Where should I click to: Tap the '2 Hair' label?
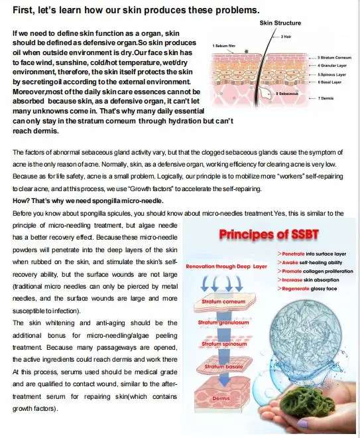pyautogui.click(x=287, y=36)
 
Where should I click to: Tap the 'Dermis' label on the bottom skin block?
pyautogui.click(x=221, y=398)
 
